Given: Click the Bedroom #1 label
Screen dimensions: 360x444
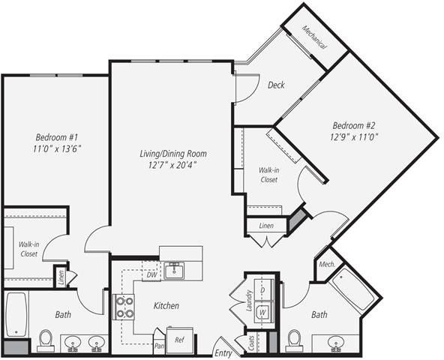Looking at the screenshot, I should click(x=57, y=137).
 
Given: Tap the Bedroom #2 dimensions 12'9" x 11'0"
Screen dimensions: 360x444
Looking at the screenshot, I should click(x=356, y=137).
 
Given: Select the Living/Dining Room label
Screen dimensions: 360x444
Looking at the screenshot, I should click(x=172, y=154).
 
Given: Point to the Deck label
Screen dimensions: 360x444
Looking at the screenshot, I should click(x=276, y=85).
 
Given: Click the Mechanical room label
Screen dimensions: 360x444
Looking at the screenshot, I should click(x=315, y=36).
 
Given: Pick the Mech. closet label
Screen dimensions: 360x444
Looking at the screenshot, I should click(x=326, y=264).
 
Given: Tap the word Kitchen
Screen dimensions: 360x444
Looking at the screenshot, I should click(x=166, y=305).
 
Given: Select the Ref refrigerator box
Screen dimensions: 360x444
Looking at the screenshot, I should click(x=180, y=340).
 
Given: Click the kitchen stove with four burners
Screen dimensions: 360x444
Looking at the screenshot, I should click(x=123, y=307).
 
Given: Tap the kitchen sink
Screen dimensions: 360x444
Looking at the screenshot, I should click(x=174, y=270).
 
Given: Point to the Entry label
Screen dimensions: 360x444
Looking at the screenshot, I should click(x=223, y=352).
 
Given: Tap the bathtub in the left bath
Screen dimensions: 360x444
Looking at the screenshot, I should click(x=16, y=314).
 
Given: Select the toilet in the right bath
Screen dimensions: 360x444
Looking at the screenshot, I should click(x=295, y=341).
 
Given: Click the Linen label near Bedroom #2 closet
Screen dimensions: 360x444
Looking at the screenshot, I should click(x=266, y=225).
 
